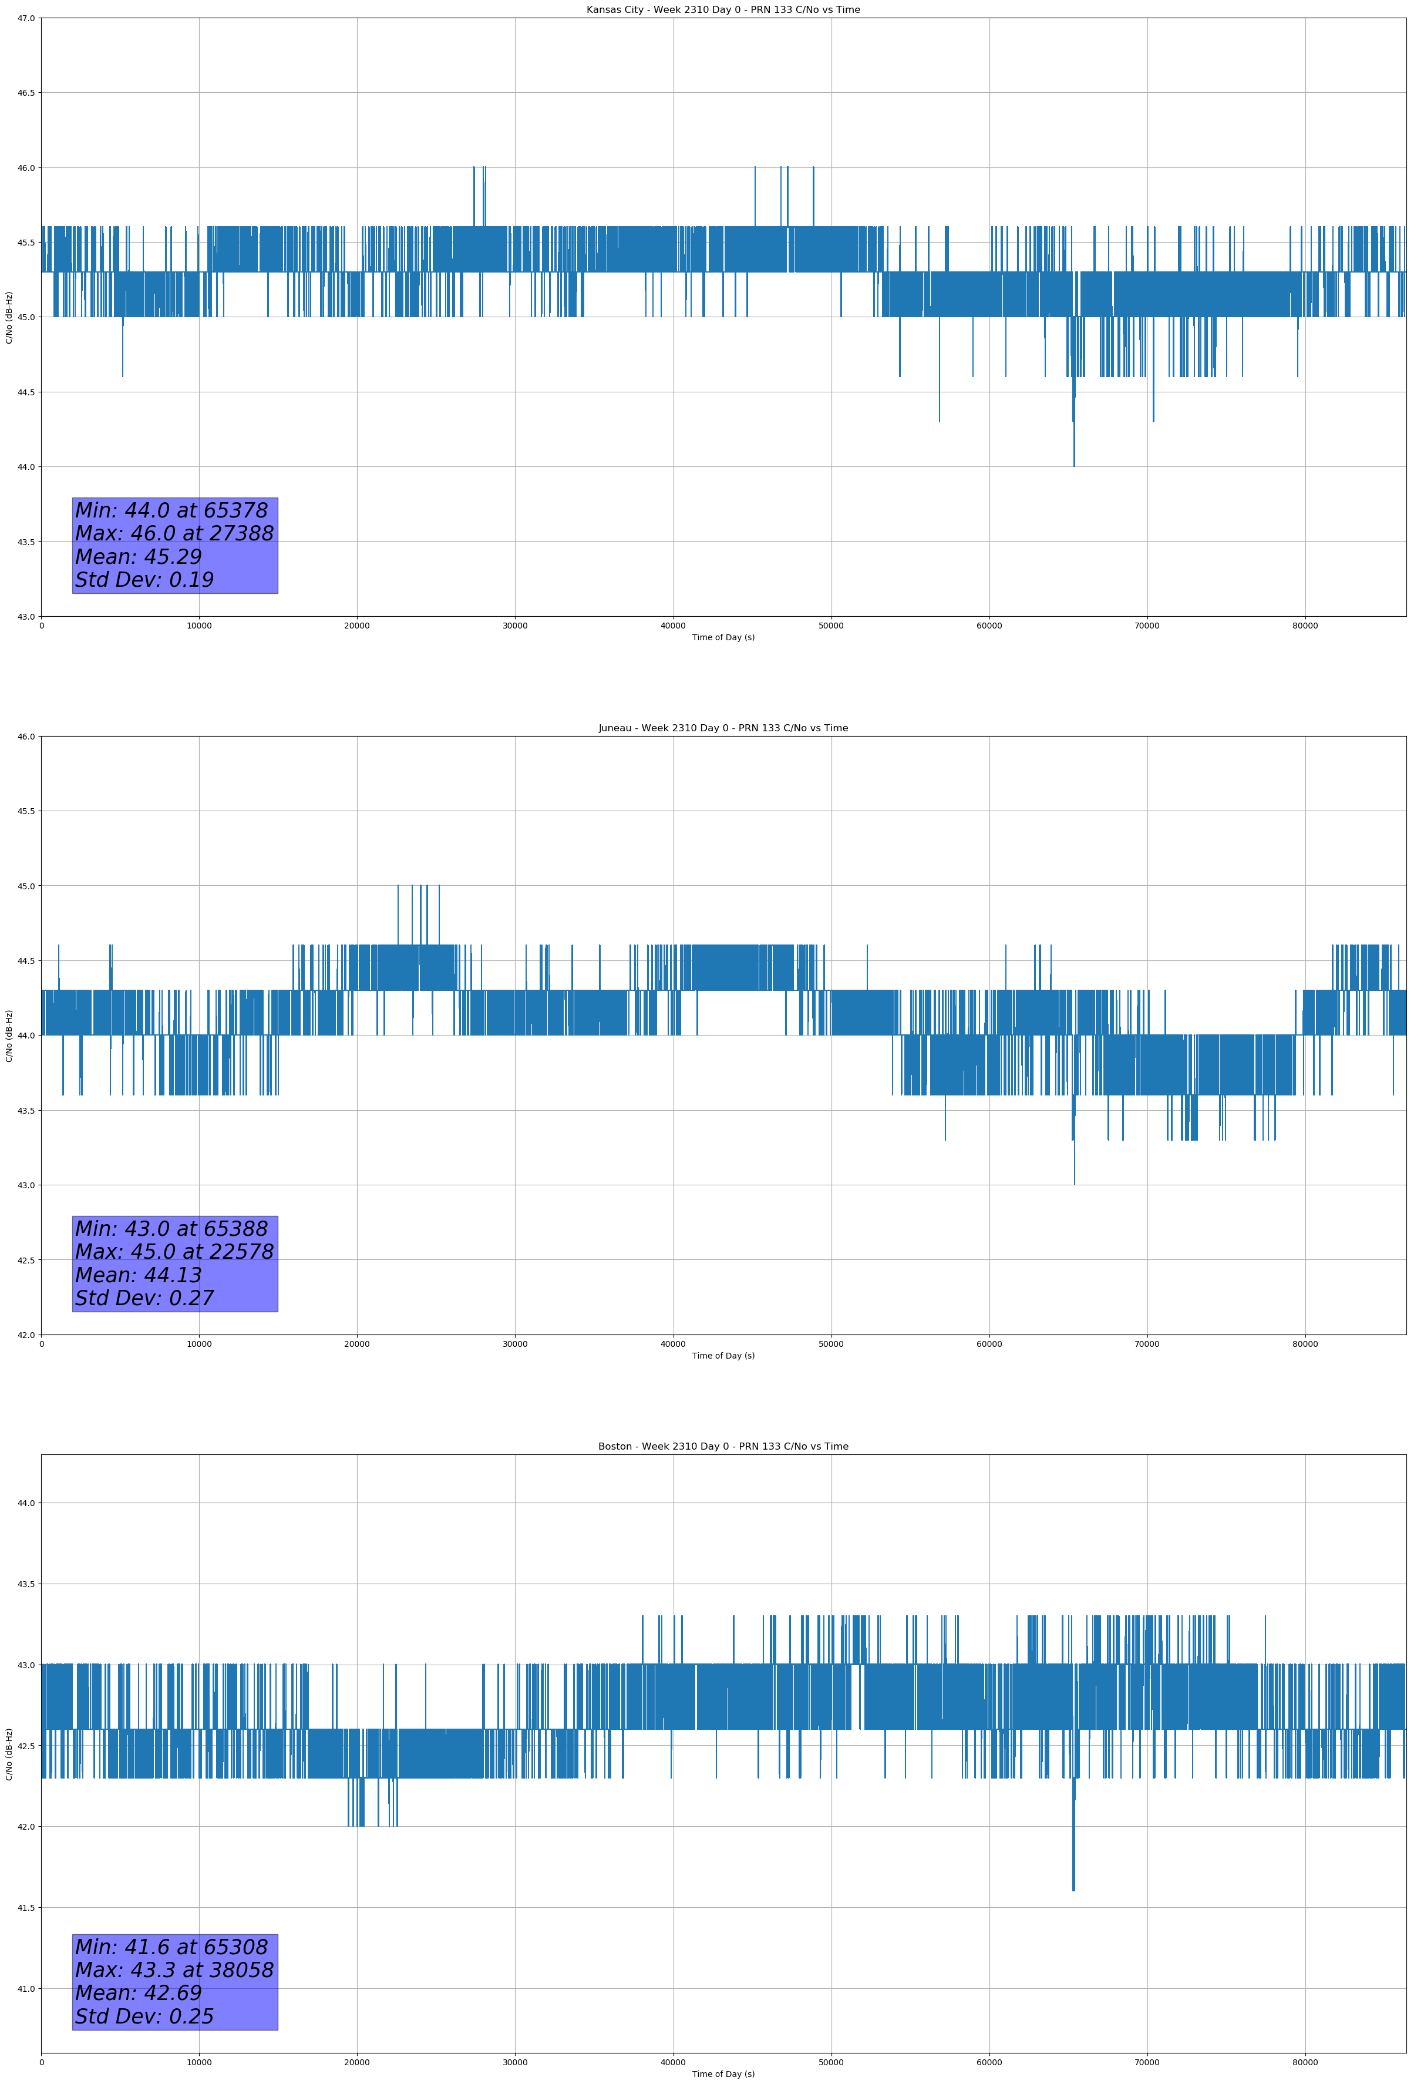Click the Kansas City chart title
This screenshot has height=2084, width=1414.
click(723, 10)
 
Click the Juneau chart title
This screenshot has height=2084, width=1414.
click(723, 728)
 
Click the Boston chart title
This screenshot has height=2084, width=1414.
click(723, 1447)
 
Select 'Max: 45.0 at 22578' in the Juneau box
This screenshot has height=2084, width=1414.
click(174, 1252)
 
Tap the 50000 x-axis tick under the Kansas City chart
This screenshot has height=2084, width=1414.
click(831, 626)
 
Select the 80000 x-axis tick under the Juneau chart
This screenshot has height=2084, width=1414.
click(1305, 1344)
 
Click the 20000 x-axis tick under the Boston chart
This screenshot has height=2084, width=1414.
click(357, 2062)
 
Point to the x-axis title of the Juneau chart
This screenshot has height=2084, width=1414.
click(723, 1356)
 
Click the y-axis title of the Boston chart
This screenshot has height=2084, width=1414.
click(9, 1754)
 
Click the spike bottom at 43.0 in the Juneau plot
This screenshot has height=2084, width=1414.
click(1074, 1183)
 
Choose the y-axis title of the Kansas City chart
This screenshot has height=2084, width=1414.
click(9, 317)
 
